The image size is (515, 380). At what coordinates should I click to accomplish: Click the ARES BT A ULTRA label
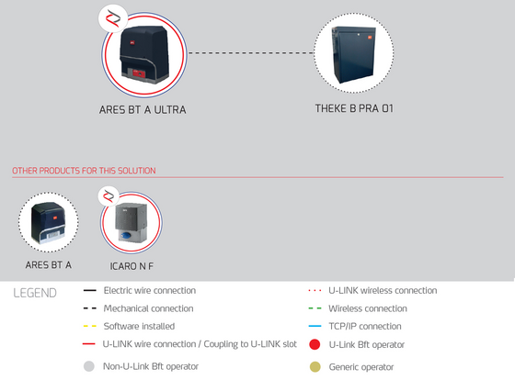143,109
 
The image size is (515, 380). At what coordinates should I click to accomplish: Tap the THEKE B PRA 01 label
354,108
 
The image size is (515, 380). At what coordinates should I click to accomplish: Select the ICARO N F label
132,266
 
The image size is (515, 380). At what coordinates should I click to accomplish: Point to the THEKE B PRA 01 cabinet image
354,54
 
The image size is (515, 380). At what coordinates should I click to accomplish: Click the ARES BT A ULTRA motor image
144,55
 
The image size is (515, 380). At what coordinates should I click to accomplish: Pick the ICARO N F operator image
132,223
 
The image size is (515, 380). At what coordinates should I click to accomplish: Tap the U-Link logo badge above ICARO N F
109,196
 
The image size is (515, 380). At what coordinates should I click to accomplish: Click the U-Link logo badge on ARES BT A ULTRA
113,18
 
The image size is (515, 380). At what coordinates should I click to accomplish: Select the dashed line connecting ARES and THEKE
250,53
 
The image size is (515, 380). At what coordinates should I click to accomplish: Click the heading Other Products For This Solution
84,171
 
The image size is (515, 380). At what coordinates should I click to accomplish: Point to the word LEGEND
35,293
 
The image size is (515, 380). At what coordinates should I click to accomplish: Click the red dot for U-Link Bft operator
315,344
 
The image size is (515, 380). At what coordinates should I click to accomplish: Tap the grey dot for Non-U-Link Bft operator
89,366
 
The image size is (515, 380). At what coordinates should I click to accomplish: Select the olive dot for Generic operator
315,367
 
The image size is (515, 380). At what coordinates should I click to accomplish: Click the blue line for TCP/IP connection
315,326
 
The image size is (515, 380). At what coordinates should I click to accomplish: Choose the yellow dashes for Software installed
90,326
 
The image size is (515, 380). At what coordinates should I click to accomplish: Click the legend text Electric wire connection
150,290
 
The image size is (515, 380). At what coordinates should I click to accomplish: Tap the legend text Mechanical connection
148,308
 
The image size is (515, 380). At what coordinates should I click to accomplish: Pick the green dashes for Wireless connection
315,308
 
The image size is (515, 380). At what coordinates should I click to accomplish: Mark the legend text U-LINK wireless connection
383,290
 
